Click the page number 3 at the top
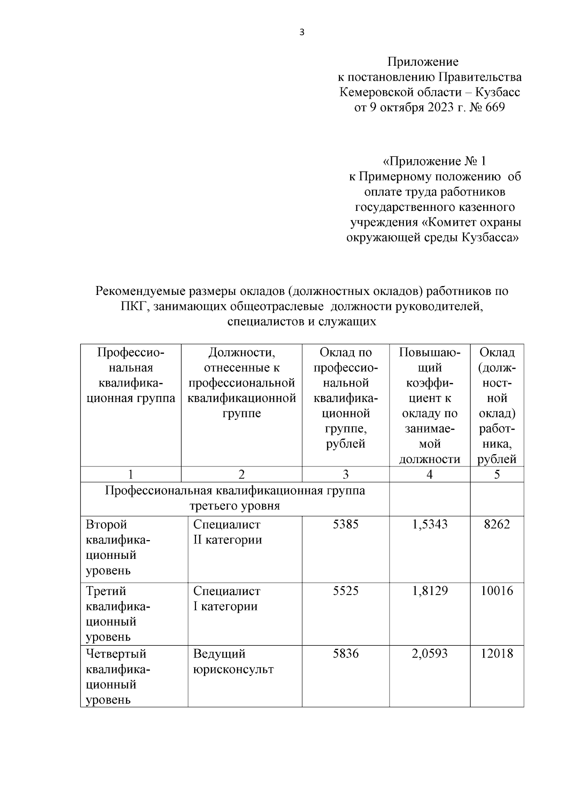pos(302,32)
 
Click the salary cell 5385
pos(345,524)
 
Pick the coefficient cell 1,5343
pos(430,524)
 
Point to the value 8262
pos(497,524)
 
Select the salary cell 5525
pos(345,591)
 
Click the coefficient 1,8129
pos(430,591)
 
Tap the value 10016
pos(497,591)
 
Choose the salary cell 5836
pos(345,653)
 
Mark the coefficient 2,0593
pos(430,653)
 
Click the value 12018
pos(497,653)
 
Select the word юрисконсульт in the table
pos(233,669)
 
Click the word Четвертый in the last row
pos(116,653)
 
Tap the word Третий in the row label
pos(106,591)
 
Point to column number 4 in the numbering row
pos(429,474)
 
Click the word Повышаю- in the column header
pos(430,352)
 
